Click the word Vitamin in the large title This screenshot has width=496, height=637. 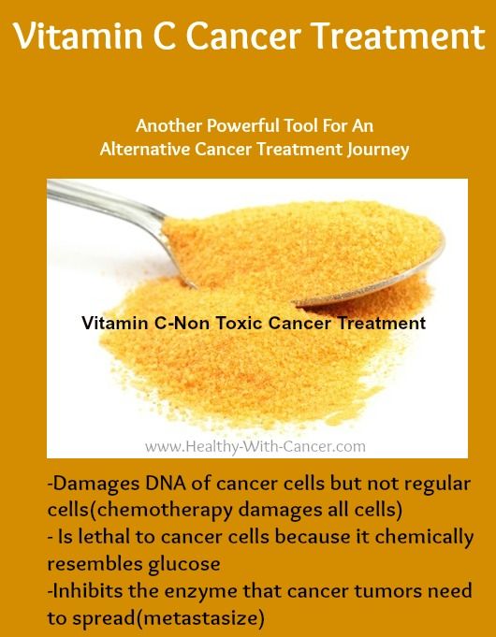pyautogui.click(x=78, y=36)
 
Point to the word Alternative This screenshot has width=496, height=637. pyautogui.click(x=145, y=149)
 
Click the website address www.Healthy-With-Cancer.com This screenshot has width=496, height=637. pyautogui.click(x=255, y=447)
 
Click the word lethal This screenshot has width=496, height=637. pyautogui.click(x=104, y=537)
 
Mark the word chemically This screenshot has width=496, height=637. pyautogui.click(x=424, y=538)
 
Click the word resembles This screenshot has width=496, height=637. pyautogui.click(x=95, y=564)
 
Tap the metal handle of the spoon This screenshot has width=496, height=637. pyautogui.click(x=109, y=203)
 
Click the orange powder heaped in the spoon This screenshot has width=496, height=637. pyautogui.click(x=300, y=248)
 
